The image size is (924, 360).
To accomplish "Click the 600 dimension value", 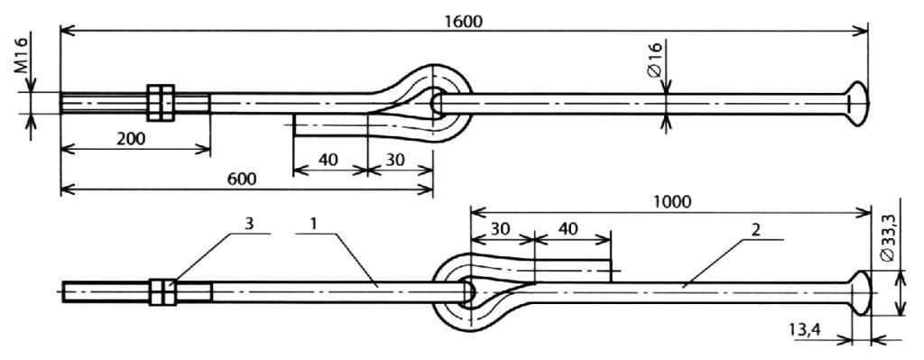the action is click(x=242, y=180).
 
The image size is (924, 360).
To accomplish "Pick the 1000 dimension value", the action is click(x=671, y=202).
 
